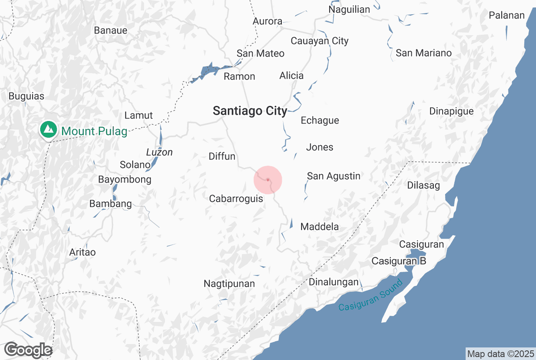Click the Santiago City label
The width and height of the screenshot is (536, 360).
[250, 111]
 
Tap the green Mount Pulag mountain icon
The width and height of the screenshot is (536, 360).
[48, 130]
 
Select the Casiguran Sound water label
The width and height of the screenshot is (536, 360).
[371, 295]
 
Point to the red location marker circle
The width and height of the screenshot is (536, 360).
[268, 180]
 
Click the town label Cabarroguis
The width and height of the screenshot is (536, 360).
[236, 199]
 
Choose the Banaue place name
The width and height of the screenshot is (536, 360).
[111, 30]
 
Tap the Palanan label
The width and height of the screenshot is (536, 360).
[507, 15]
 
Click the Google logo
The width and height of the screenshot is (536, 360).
[28, 350]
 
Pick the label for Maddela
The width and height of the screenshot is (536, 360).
[319, 226]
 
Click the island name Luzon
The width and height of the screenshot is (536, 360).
[159, 152]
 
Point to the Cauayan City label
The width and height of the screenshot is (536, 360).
[319, 41]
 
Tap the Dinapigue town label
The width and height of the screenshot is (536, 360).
[451, 111]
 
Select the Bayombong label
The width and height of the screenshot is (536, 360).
[125, 180]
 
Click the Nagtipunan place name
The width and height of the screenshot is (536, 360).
[229, 284]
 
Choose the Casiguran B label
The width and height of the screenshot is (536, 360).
[399, 261]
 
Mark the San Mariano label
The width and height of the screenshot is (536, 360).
[423, 53]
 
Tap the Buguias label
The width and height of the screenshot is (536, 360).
[26, 96]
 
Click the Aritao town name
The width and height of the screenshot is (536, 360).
[82, 252]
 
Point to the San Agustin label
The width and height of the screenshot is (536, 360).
[333, 176]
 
